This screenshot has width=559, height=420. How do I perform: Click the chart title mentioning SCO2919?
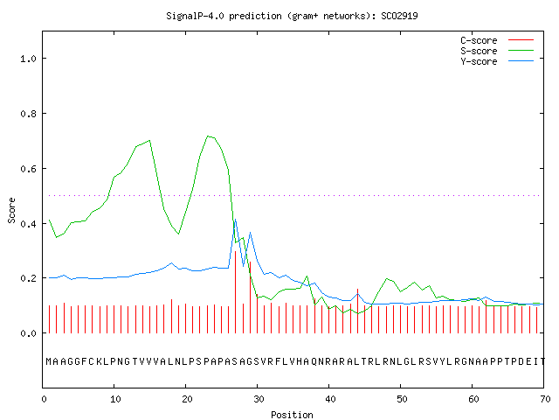(292, 16)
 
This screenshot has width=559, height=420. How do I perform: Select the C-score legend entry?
(497, 40)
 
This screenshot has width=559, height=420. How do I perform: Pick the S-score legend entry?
(497, 51)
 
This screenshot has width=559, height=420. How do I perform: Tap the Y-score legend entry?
(497, 61)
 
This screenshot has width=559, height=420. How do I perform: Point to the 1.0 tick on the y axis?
(28, 59)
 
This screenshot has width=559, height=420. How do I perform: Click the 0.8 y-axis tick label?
(28, 114)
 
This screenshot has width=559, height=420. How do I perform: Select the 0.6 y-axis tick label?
(28, 169)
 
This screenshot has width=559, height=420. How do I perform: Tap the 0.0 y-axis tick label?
(28, 333)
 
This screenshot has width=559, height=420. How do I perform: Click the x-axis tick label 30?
(259, 399)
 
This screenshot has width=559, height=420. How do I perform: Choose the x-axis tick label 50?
(402, 399)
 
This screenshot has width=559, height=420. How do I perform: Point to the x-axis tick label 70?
(545, 399)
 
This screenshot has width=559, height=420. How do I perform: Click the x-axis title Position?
(292, 415)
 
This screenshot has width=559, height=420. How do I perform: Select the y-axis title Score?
(11, 210)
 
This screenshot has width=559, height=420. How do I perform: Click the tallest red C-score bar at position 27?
(235, 292)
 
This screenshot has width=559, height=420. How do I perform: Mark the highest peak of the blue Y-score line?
(235, 220)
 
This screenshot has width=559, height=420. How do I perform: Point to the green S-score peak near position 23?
(208, 136)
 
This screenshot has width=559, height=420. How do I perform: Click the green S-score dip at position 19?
(178, 234)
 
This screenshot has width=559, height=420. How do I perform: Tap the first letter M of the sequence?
(49, 361)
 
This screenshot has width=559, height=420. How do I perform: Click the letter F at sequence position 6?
(85, 361)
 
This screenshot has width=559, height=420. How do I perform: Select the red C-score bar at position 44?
(357, 311)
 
